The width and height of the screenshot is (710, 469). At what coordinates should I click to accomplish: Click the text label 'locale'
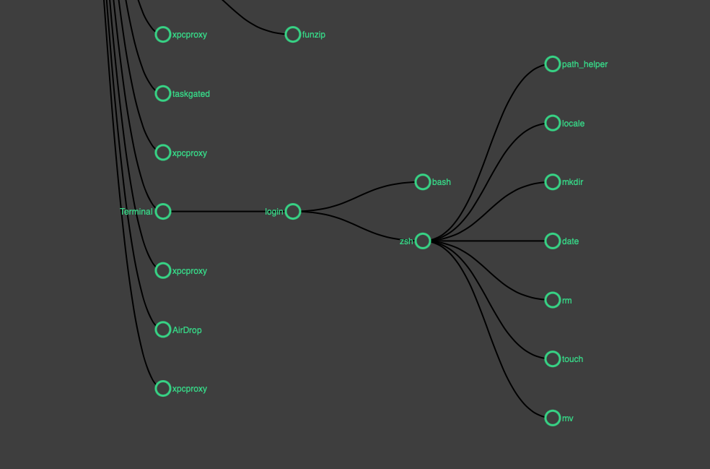[x=573, y=124]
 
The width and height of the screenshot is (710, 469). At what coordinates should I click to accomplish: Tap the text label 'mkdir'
[x=572, y=182]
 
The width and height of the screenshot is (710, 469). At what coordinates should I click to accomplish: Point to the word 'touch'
[x=572, y=359]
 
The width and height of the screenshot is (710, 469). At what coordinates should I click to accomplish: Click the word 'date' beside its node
[x=570, y=241]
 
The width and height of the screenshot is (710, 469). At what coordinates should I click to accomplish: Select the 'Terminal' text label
[x=136, y=212]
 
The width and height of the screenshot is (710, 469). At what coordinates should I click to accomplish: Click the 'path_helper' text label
[x=584, y=64]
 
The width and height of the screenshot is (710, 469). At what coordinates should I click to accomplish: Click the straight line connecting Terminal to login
[x=228, y=211]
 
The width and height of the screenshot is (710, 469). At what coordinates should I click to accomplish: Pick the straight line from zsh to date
[x=488, y=241]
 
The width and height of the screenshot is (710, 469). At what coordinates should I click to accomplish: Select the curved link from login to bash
[x=358, y=197]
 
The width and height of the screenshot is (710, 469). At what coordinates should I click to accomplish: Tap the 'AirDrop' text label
[x=187, y=330]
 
